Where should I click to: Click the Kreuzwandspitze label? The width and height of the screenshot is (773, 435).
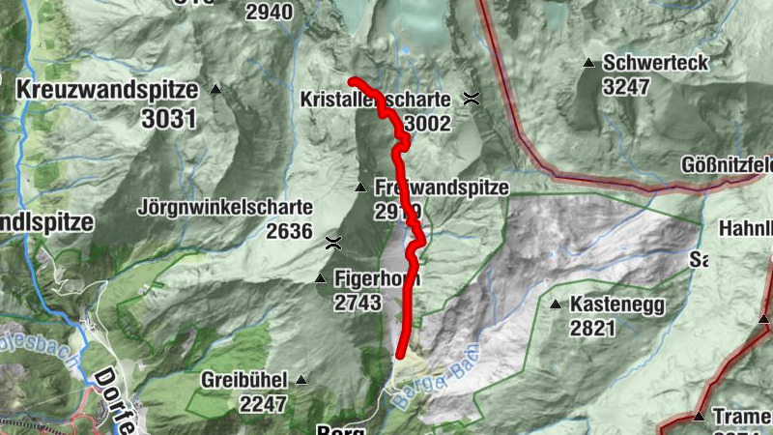(106, 90)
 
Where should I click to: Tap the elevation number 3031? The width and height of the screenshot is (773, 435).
(167, 119)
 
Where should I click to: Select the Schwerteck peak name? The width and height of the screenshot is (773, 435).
(656, 63)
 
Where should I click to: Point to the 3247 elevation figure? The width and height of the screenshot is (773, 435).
(626, 85)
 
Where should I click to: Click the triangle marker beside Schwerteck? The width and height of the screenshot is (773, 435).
(587, 64)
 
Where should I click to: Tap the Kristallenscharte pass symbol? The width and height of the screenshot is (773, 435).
(472, 98)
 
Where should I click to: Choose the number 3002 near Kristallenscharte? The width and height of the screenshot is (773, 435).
(428, 123)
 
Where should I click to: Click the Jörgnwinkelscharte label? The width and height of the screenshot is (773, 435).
(225, 207)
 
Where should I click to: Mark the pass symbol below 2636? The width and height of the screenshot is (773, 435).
(333, 243)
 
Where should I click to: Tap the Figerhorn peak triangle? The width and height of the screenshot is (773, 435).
(321, 279)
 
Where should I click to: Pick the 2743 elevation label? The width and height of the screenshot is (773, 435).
(358, 303)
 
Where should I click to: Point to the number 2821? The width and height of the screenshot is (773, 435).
(593, 328)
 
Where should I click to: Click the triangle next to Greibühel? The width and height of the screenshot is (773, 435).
(301, 380)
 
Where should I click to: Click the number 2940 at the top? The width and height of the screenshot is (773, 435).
(269, 12)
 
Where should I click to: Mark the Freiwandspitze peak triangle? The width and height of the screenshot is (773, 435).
(360, 188)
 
